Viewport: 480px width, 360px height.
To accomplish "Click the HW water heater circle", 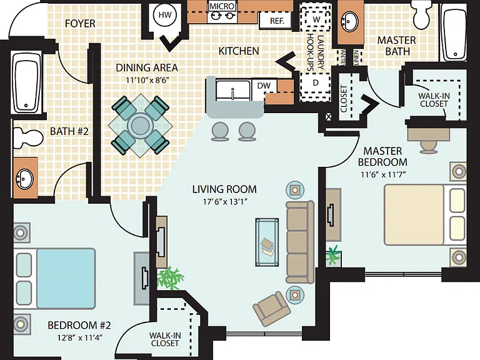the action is pos(165,15).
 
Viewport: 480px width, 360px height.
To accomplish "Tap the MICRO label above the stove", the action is pos(222,6).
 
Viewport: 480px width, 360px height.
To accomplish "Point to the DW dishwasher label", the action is pos(264,86).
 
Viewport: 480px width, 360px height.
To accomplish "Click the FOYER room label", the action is pos(80,24).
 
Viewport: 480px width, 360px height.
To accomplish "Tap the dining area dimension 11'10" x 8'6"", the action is pos(147,80).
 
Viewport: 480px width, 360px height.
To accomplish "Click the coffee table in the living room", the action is pos(267,242).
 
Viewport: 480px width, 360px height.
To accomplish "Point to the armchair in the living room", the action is pos(272,309).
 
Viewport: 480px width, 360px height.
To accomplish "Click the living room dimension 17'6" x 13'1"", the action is pos(225,202).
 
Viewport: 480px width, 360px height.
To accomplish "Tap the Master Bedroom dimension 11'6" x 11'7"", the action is pos(383,175).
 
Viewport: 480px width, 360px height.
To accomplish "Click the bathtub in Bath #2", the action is pos(26,82).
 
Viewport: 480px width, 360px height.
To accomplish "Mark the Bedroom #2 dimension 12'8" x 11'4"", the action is pos(79,338).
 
